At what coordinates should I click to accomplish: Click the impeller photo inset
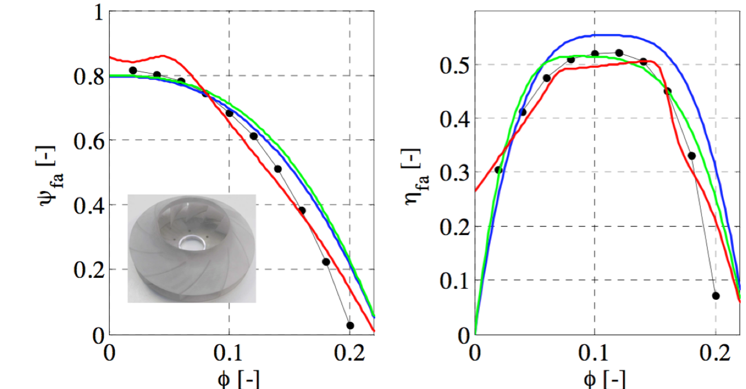191,248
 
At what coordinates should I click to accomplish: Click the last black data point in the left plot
350,325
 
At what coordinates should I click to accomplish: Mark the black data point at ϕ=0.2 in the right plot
716,296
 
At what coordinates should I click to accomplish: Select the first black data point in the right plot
498,170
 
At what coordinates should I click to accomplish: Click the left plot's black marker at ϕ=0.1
230,113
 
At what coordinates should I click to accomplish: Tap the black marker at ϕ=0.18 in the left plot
326,262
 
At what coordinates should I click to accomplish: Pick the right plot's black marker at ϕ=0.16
667,91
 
